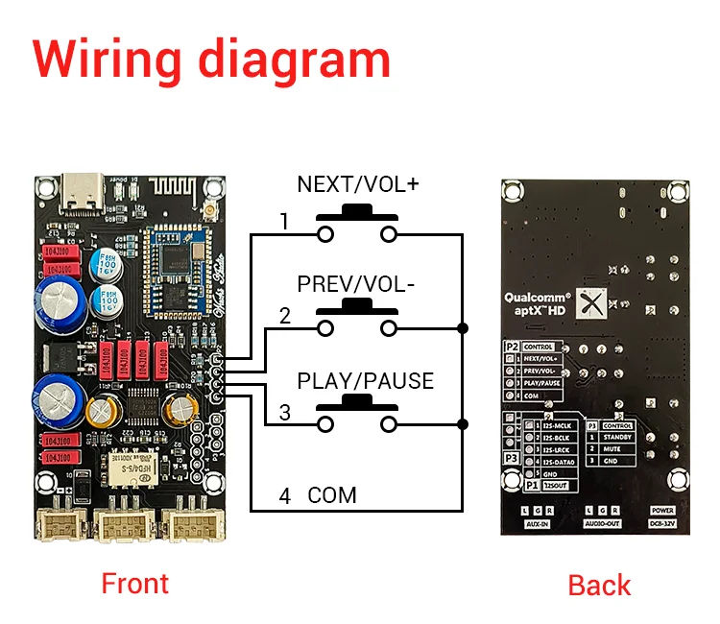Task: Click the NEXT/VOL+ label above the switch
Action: (x=357, y=183)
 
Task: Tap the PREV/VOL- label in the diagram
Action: (x=356, y=284)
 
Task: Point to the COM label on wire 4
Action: (x=332, y=495)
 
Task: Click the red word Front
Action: (x=134, y=583)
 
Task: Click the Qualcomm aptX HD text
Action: (x=538, y=304)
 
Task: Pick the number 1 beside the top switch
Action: (x=284, y=222)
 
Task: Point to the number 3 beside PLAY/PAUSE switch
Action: (x=285, y=413)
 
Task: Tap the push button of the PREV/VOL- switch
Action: (x=357, y=306)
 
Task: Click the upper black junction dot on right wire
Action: (x=463, y=329)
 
